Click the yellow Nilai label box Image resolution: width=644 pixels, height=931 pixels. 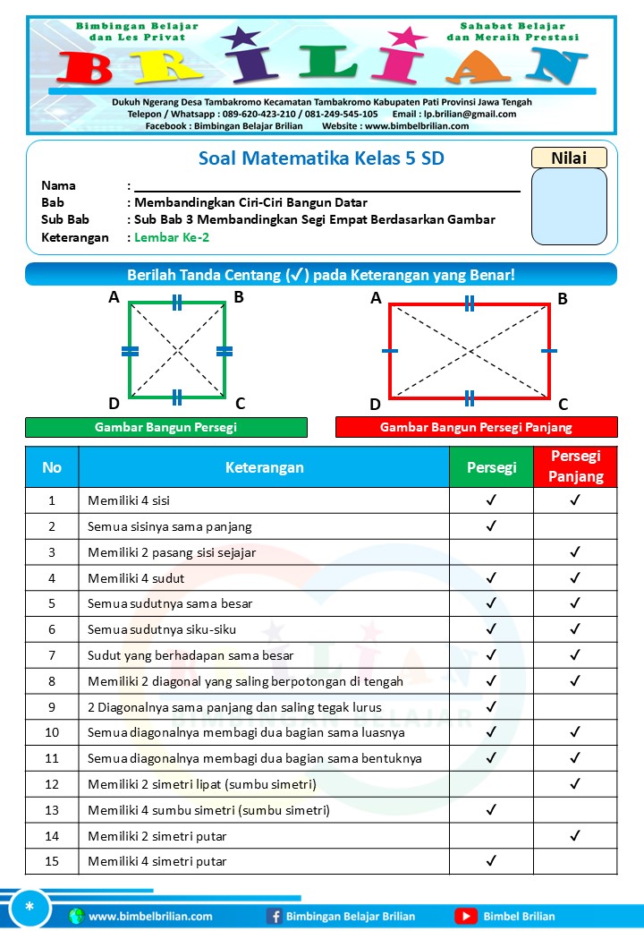[x=569, y=158]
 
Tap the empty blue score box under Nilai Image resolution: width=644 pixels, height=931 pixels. [x=569, y=207]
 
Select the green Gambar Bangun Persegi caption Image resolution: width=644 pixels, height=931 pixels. [x=165, y=427]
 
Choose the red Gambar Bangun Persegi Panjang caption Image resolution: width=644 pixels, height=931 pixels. [x=476, y=427]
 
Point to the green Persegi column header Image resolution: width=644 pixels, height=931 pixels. [x=491, y=467]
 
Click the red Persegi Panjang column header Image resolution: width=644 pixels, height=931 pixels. [x=575, y=467]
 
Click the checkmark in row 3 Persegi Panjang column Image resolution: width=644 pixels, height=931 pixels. [x=575, y=552]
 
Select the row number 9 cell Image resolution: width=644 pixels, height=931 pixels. [x=52, y=707]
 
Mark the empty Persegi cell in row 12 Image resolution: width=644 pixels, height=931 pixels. [x=491, y=784]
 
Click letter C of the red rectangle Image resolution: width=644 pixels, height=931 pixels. [x=563, y=405]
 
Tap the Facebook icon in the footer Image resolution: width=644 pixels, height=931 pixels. [x=275, y=916]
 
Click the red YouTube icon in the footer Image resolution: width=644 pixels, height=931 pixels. [x=465, y=916]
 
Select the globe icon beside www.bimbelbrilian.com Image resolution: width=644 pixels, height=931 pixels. [x=76, y=916]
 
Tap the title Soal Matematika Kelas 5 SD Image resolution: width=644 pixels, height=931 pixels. [x=321, y=159]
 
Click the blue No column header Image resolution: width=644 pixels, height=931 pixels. [x=52, y=467]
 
